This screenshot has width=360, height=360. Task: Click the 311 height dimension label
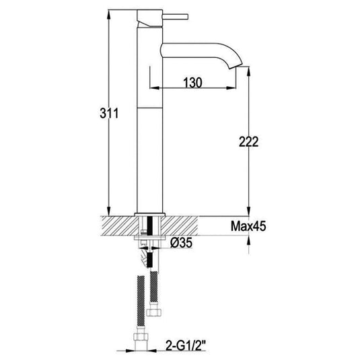pyautogui.click(x=109, y=113)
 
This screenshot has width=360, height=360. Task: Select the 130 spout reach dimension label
pyautogui.click(x=193, y=83)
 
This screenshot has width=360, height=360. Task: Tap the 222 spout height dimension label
pyautogui.click(x=249, y=141)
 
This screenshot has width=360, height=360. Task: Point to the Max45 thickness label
pyautogui.click(x=248, y=226)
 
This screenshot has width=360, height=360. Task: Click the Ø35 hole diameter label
pyautogui.click(x=181, y=242)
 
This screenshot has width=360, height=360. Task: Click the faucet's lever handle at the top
pyautogui.click(x=176, y=17)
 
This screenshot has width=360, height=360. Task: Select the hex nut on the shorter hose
pyautogui.click(x=154, y=311)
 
